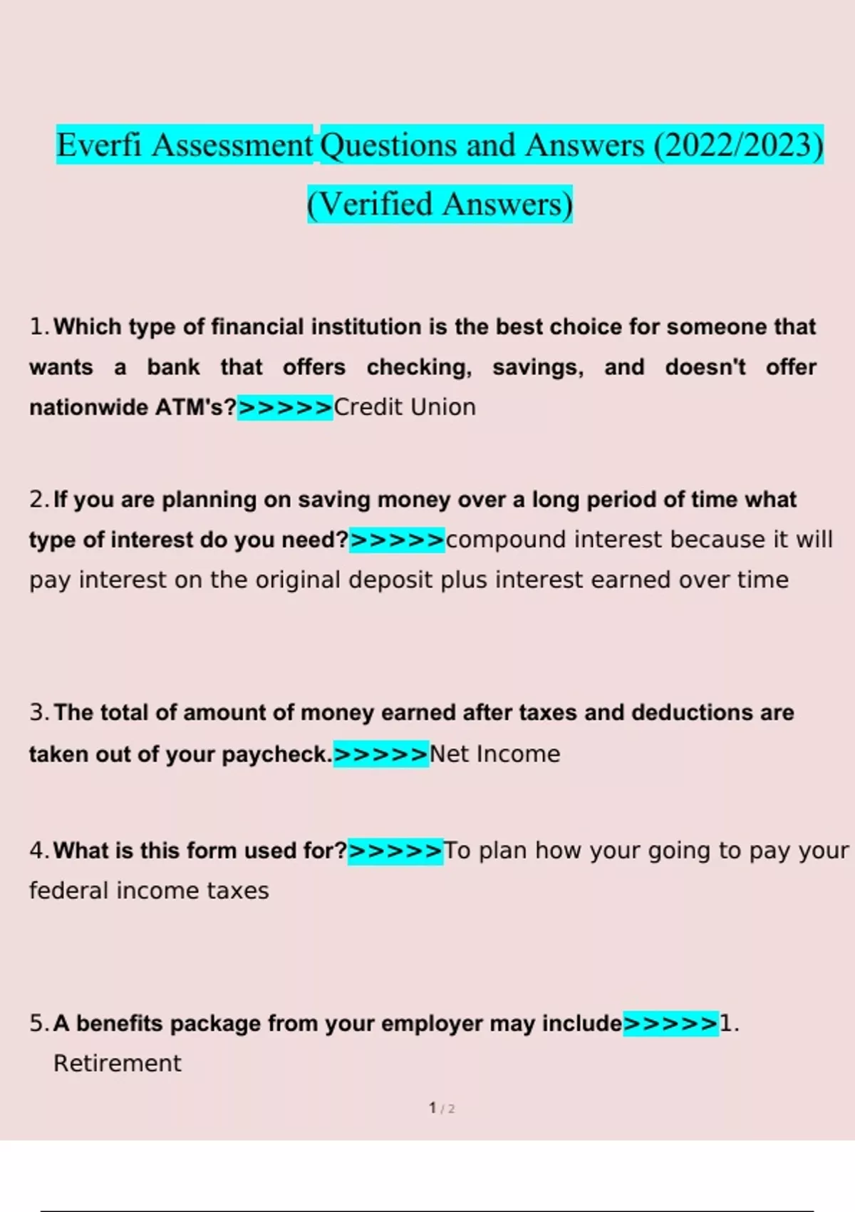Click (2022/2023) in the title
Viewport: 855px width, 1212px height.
(x=739, y=145)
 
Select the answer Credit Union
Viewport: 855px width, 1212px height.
(x=405, y=407)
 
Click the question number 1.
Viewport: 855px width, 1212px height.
(x=39, y=327)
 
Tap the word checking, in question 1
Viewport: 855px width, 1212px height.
(x=419, y=367)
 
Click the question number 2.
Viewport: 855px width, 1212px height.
(x=39, y=500)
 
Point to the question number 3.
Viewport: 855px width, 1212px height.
(x=39, y=713)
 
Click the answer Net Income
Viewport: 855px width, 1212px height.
(x=495, y=754)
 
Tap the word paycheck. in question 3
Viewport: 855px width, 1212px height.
(x=277, y=754)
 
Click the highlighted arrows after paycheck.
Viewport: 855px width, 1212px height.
(x=381, y=754)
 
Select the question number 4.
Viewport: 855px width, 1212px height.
(x=39, y=851)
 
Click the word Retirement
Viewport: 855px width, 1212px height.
(x=118, y=1064)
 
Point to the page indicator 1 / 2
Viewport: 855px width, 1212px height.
(x=442, y=1108)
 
